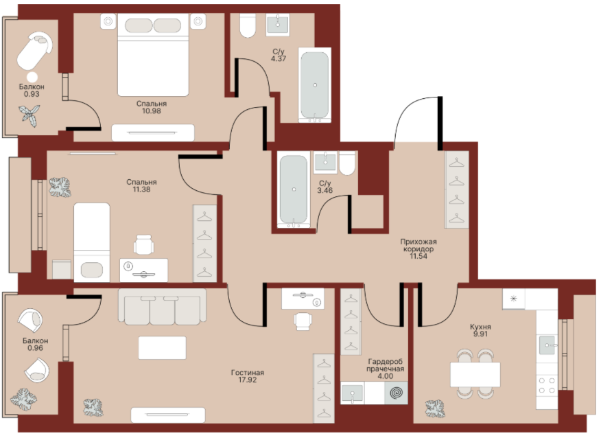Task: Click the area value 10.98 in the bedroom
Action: (152, 111)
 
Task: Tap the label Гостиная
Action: (248, 373)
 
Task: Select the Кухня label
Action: (480, 327)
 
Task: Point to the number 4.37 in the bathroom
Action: (279, 59)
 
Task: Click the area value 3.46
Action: (325, 190)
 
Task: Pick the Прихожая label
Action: (419, 242)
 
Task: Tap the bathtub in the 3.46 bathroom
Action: (294, 189)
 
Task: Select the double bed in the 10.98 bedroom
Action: (153, 55)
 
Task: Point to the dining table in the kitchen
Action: (475, 374)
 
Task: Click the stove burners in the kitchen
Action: (547, 385)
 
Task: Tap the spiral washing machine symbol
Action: (397, 393)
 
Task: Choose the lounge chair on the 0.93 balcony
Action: (34, 51)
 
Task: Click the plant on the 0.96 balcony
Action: (23, 400)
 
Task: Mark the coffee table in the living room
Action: (162, 348)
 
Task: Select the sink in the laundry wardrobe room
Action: (352, 393)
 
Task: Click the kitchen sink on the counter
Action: (547, 345)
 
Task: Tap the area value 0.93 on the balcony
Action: (32, 94)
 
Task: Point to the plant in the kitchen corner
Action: (435, 408)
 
